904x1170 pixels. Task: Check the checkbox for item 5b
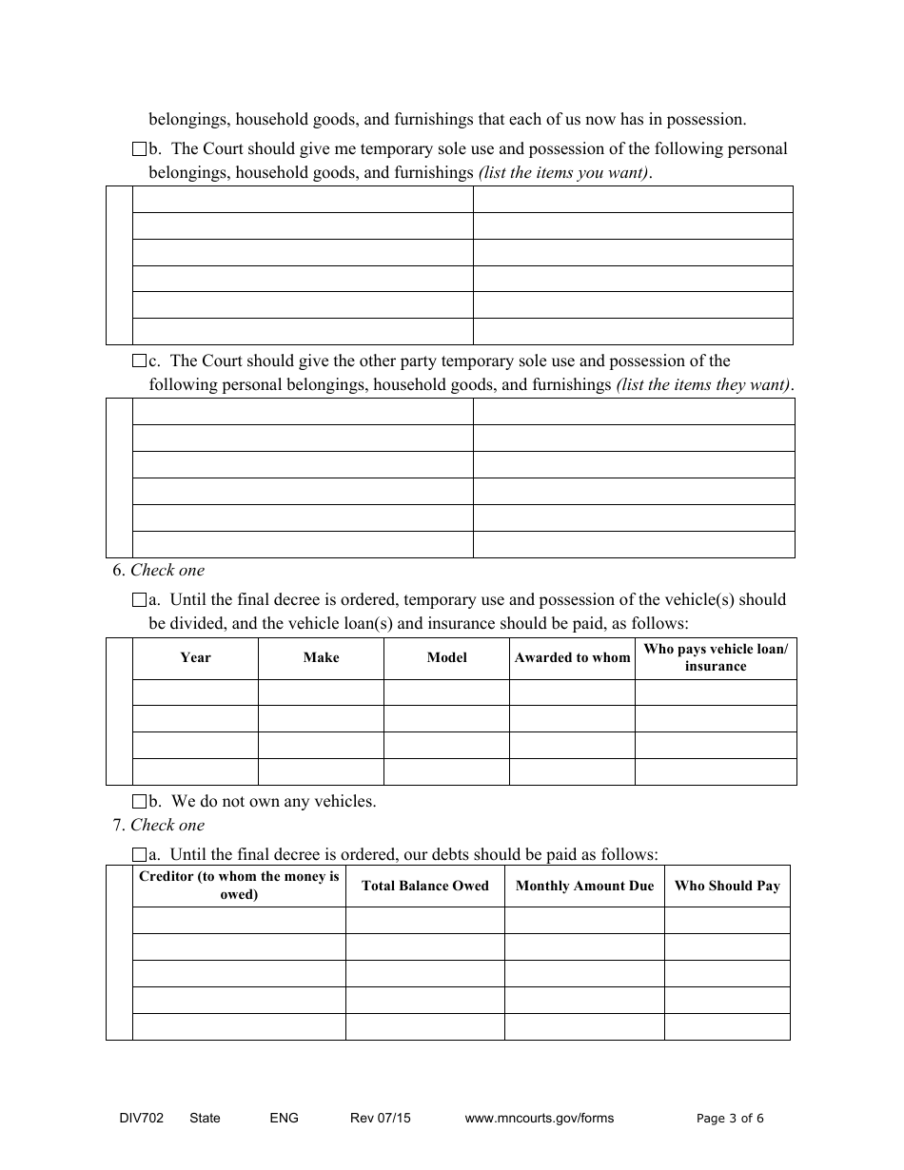click(138, 149)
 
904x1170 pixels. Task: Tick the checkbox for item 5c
click(138, 361)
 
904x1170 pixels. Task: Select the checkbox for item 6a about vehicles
click(138, 600)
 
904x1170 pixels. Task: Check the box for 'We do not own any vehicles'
click(138, 802)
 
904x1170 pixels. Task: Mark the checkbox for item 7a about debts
click(138, 854)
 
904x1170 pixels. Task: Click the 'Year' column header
click(195, 658)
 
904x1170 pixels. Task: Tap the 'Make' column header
click(321, 658)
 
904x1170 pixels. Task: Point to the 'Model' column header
click(446, 658)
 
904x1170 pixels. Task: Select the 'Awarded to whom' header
click(572, 658)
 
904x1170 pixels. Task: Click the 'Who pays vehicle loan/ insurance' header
click(716, 658)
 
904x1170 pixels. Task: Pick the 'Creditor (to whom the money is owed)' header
click(239, 886)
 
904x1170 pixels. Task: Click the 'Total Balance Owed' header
click(424, 887)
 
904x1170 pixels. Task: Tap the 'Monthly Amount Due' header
click(584, 887)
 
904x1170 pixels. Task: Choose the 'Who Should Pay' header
click(727, 887)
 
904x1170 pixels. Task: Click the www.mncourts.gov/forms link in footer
click(539, 1119)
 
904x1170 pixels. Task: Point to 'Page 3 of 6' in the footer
click(730, 1119)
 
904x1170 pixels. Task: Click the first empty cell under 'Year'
click(195, 692)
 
